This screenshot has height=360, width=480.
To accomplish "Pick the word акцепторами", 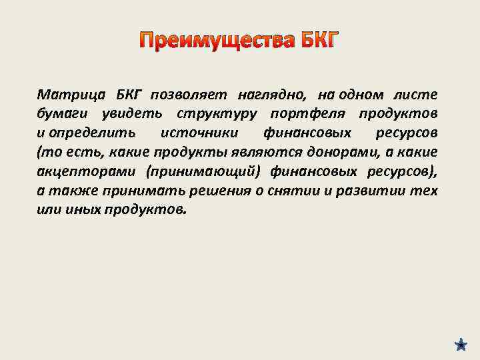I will coord(82,171).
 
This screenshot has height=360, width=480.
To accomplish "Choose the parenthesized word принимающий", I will coord(201,171).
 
